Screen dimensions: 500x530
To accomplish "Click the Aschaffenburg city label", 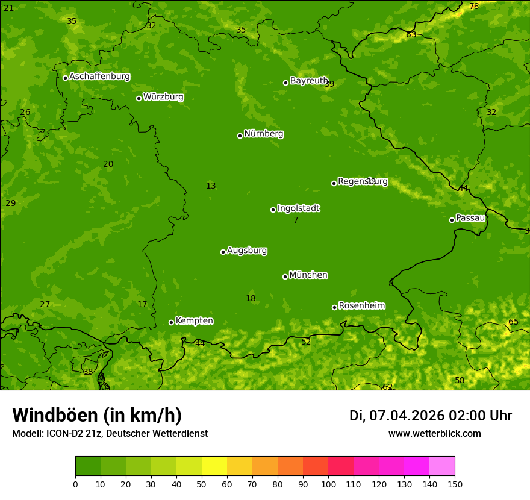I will tap(99, 77).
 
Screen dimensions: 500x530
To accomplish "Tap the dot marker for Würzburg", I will tap(139, 98).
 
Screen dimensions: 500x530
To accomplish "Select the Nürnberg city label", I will tap(264, 134).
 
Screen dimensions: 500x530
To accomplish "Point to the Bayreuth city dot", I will tap(285, 83).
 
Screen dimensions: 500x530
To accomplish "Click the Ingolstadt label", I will tap(298, 208).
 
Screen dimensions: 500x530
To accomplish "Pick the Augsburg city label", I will tap(247, 251).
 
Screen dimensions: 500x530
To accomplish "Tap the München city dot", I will tap(285, 277).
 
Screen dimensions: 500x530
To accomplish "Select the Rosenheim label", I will tap(361, 306).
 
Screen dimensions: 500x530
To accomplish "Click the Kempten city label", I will tap(194, 321).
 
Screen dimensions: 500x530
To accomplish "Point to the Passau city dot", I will tap(452, 220).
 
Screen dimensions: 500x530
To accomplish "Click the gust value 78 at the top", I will tap(474, 6).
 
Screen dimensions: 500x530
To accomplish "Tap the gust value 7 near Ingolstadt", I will tap(296, 220).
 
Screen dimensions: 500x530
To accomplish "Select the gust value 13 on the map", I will tap(211, 186).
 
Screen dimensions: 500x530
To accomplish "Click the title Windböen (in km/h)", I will tap(96, 415).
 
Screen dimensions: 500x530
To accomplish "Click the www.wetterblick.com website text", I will tap(434, 434).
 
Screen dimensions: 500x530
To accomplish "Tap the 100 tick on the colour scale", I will tap(328, 483).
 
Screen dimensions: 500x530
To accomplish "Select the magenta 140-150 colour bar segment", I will tap(442, 466).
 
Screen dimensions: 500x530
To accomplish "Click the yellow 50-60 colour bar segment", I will tap(214, 466).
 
